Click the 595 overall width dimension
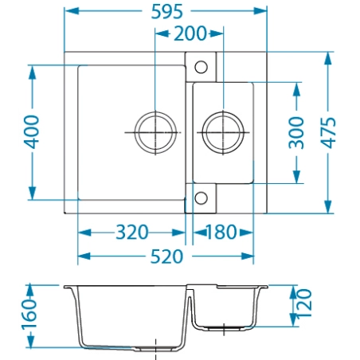[167, 12]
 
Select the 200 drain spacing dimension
[190, 33]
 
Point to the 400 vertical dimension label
[31, 132]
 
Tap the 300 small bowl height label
[296, 133]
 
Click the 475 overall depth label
[328, 133]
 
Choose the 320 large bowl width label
[132, 233]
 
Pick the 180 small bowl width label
[221, 233]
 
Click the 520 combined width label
[166, 256]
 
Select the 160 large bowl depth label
[29, 315]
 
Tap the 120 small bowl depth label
[304, 303]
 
